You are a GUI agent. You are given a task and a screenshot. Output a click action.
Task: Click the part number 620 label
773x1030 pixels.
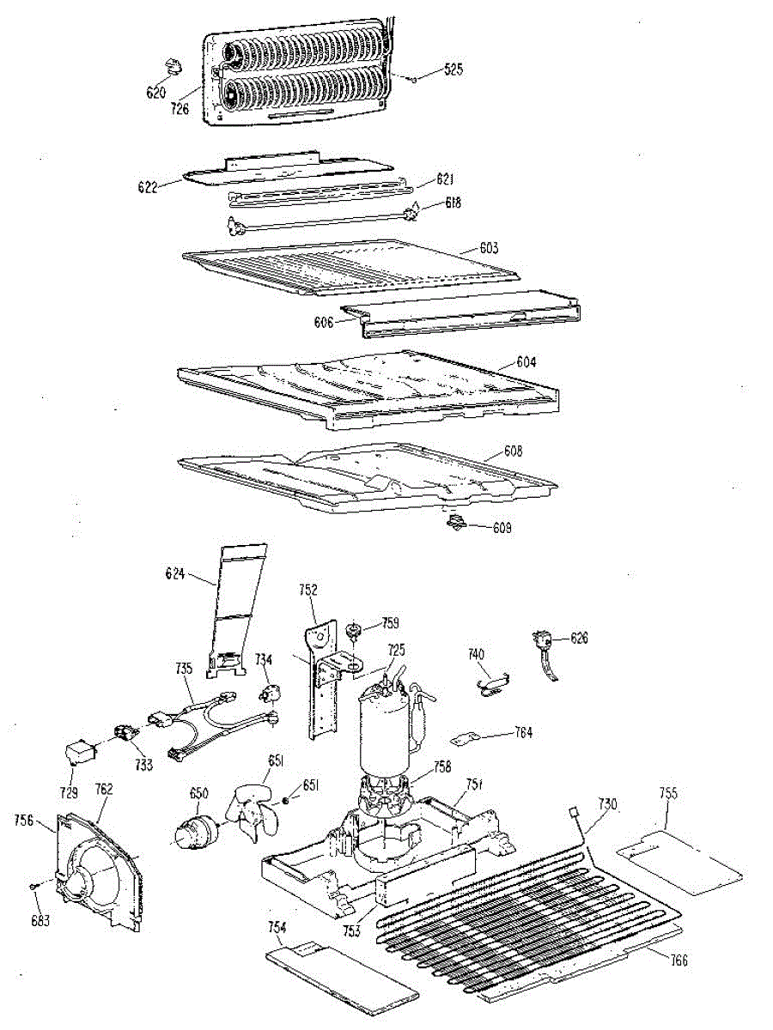155,92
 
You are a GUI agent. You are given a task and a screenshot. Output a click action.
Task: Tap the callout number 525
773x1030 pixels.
453,70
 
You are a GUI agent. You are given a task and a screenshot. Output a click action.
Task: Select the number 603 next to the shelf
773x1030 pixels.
489,248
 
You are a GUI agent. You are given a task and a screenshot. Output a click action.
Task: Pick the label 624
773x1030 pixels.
175,574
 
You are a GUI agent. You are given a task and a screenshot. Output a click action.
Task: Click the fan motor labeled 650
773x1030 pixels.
195,830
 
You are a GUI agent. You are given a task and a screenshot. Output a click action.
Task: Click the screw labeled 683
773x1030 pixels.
32,884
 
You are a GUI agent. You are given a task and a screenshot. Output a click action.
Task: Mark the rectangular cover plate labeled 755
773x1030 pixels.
679,859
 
